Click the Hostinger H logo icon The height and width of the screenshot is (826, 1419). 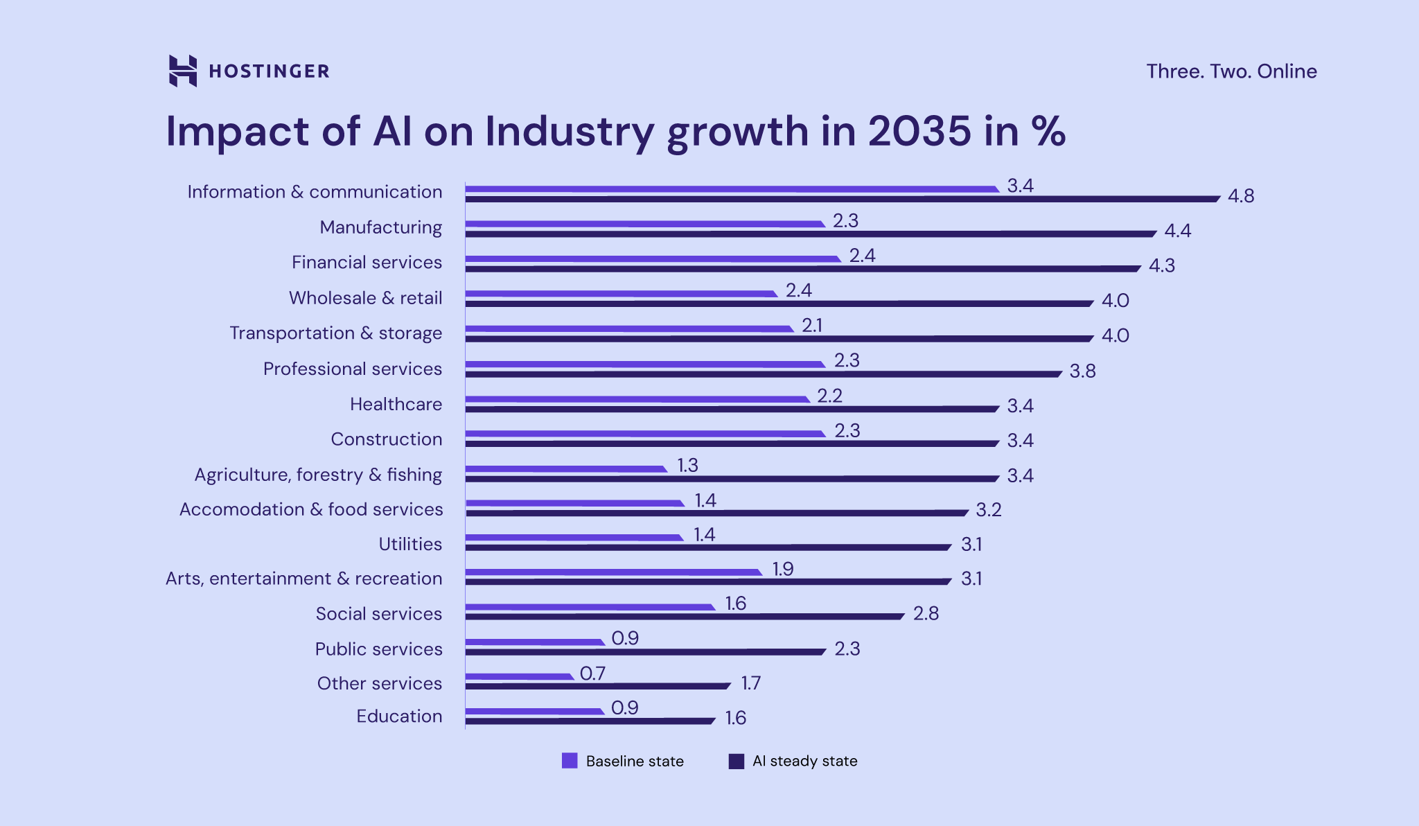(183, 71)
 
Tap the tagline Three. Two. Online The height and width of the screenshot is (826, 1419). (1231, 71)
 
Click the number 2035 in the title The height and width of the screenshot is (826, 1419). (919, 131)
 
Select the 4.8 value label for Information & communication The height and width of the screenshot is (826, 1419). (1240, 196)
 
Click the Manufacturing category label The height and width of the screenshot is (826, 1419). (380, 227)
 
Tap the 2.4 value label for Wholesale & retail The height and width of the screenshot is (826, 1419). (798, 290)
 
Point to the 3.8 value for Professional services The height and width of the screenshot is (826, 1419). (1082, 371)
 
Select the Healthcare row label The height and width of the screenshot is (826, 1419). (396, 404)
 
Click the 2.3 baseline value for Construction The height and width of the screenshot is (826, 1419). (847, 431)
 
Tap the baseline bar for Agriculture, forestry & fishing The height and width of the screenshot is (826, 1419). (565, 469)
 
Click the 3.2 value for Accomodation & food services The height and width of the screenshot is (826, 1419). (988, 510)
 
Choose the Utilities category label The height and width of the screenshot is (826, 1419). (410, 544)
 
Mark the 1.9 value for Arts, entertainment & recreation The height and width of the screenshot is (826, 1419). (782, 569)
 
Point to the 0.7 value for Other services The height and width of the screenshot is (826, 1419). (592, 674)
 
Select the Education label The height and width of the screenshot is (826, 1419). (399, 716)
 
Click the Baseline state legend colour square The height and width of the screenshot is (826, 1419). (570, 761)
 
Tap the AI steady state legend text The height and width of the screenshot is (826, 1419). (804, 761)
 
